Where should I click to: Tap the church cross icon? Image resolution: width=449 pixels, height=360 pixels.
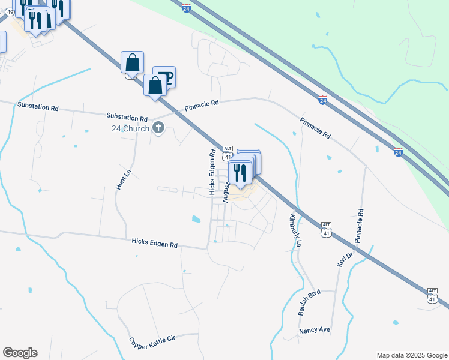click(158, 127)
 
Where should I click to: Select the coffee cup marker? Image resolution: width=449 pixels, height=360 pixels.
click(164, 77)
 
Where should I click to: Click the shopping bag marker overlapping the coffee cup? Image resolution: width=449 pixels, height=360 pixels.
click(155, 85)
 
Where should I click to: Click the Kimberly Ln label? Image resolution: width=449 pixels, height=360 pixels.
click(295, 230)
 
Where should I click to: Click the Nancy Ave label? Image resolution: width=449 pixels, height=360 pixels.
click(315, 331)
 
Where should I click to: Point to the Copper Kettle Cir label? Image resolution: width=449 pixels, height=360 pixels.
click(152, 343)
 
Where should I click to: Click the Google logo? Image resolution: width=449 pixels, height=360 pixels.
click(20, 353)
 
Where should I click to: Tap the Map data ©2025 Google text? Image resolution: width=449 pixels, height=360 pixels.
click(411, 355)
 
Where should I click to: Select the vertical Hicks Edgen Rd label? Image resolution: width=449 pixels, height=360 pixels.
click(212, 172)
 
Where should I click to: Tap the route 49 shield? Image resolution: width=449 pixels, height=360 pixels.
click(10, 11)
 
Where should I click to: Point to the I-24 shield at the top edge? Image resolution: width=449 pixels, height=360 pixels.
click(187, 10)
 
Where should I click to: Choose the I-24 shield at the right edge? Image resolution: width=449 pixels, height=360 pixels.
click(399, 152)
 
